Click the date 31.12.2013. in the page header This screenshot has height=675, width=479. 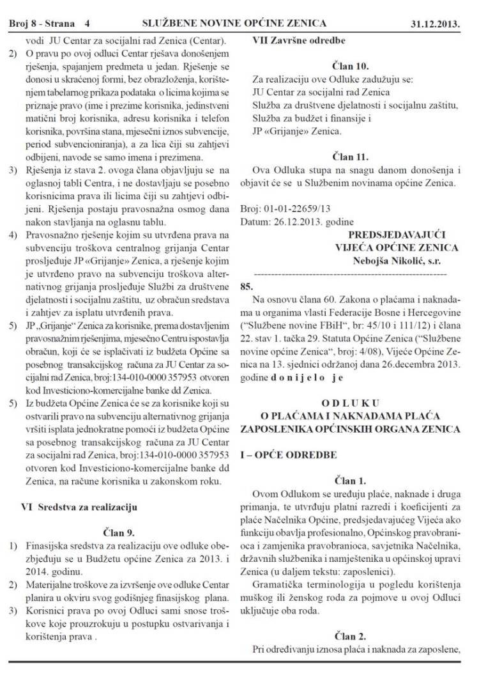(436, 24)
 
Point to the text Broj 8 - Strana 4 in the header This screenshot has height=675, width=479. (49, 24)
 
